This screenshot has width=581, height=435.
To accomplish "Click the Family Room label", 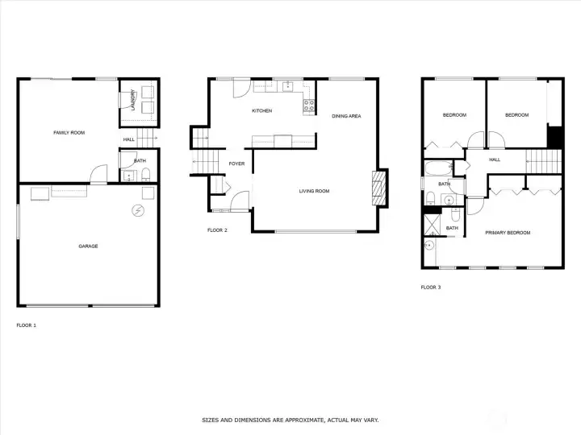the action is coord(69,132).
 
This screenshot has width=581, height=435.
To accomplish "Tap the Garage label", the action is coord(88,246).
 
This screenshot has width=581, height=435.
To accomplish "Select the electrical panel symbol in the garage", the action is coord(138,211).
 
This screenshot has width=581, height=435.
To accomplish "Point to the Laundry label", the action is coord(132,100).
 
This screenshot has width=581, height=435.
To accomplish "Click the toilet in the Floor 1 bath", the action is coord(146,174).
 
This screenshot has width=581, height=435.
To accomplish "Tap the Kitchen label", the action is coord(262,110).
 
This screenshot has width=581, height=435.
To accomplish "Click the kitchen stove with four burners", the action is coord(309,106).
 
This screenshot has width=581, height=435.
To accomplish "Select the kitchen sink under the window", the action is coord(288,87).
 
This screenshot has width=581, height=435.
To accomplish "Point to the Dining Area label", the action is coord(346,116).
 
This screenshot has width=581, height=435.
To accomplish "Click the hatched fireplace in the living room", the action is coord(378,188).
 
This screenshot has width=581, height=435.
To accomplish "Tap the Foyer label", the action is coord(236,164).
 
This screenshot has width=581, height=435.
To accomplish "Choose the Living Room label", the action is coord(314,191).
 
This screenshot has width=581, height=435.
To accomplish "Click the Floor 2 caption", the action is coord(217,230).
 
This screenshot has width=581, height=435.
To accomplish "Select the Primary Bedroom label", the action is coord(508,233).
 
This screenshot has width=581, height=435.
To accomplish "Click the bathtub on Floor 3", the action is coord(439,168).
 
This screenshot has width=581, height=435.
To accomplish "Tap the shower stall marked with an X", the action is coord(432,225).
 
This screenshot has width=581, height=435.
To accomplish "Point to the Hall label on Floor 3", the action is coord(495,159).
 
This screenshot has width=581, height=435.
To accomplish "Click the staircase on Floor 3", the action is coord(544,161).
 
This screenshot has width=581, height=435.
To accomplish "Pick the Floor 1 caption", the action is coord(27,325).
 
